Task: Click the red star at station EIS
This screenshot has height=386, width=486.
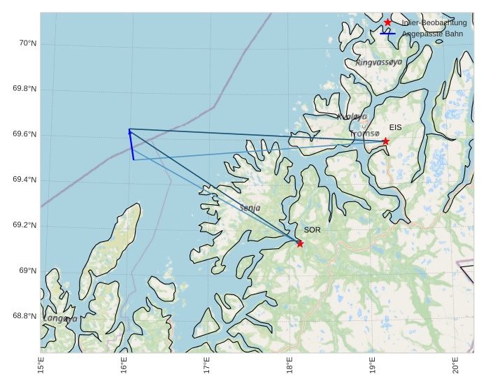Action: (x=385, y=141)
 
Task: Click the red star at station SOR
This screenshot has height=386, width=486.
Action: (x=300, y=243)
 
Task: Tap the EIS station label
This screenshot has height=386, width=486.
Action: (x=396, y=127)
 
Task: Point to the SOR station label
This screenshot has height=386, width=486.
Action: (x=312, y=229)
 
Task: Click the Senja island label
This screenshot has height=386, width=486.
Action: (x=250, y=208)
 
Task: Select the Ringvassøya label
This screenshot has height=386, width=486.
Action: (x=379, y=62)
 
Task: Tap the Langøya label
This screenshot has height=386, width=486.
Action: (x=60, y=318)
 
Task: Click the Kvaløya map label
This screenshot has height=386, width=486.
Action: (x=352, y=117)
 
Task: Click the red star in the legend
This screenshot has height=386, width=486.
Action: (x=387, y=22)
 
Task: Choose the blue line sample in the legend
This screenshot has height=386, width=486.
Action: (x=387, y=34)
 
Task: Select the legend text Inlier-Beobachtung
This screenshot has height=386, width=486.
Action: (x=434, y=22)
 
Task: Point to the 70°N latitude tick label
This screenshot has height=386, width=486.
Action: (x=27, y=43)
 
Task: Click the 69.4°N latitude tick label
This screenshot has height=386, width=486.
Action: (x=24, y=180)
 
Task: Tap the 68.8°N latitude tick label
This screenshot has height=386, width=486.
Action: (x=24, y=316)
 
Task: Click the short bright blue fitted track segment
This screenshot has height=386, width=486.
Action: (x=131, y=145)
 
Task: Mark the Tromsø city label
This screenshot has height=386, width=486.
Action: (x=364, y=133)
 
